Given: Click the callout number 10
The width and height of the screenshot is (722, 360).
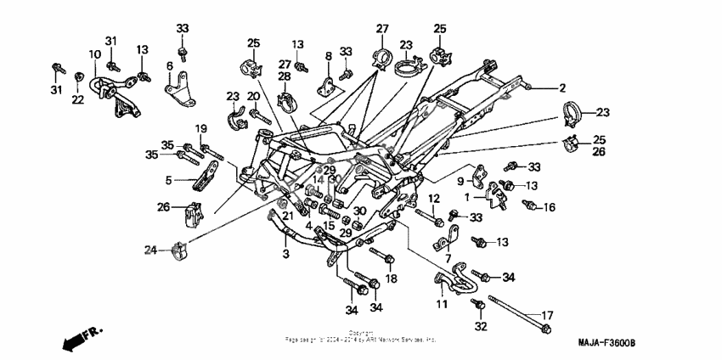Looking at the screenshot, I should click(94, 55).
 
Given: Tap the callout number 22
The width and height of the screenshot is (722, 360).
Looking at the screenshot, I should click(77, 100).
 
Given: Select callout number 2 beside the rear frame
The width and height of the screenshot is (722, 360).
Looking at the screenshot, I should click(561, 87).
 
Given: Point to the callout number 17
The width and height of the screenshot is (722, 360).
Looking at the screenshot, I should click(547, 314).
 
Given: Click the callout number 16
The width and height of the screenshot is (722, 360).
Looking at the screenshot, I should click(550, 206).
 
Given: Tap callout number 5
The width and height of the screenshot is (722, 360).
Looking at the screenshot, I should click(169, 180).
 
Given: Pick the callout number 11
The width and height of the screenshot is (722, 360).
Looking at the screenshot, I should click(442, 303).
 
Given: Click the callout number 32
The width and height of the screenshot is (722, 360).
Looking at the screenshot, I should click(480, 326).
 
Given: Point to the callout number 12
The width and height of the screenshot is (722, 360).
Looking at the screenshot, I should click(433, 199).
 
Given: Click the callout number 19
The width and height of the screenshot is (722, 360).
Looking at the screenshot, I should click(202, 128).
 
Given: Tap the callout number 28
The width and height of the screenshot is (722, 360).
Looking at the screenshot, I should click(282, 77).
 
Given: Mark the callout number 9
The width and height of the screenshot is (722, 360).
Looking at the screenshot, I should click(460, 181).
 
